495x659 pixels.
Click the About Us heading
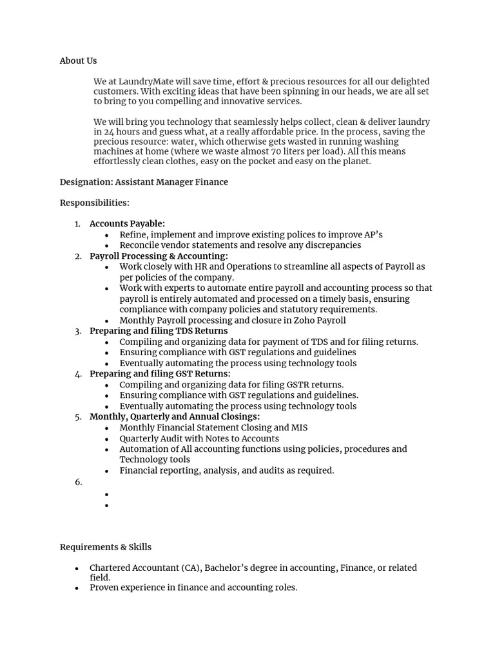pos(78,60)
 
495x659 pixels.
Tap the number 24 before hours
pos(109,132)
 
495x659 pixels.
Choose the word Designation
pos(85,182)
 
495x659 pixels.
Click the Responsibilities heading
pos(94,203)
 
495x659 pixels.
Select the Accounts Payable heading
pos(127,223)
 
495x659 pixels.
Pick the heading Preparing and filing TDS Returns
pos(159,331)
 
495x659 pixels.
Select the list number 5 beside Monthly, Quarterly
pos(78,417)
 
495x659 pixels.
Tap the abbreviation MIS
pos(300,427)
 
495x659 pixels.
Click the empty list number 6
pos(78,482)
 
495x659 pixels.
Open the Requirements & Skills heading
pos(106,547)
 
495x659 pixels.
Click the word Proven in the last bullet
pos(105,588)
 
